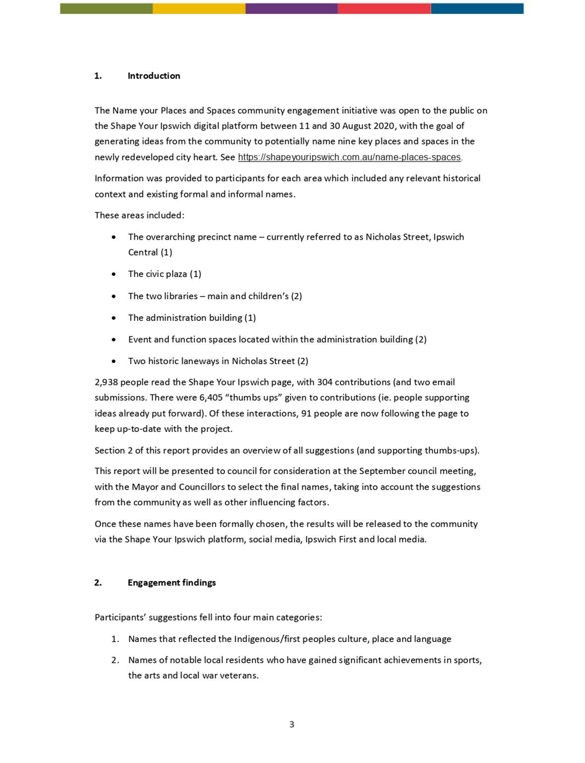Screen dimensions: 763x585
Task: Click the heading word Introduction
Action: pos(154,76)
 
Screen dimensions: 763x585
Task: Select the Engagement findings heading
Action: pos(171,583)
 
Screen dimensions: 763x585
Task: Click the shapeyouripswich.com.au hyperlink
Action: pos(349,157)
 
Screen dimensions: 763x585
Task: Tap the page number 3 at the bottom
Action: pos(292,724)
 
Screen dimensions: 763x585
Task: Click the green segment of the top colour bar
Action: pos(106,8)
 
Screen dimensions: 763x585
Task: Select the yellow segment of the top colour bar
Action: pos(199,8)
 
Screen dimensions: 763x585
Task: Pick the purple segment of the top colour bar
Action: pos(291,8)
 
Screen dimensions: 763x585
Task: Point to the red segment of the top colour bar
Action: pos(384,8)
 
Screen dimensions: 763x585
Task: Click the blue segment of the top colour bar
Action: pos(477,8)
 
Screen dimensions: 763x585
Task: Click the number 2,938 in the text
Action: pos(106,382)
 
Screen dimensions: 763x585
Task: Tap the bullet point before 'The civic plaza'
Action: pos(114,274)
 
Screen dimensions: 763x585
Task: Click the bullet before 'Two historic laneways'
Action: pos(114,361)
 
